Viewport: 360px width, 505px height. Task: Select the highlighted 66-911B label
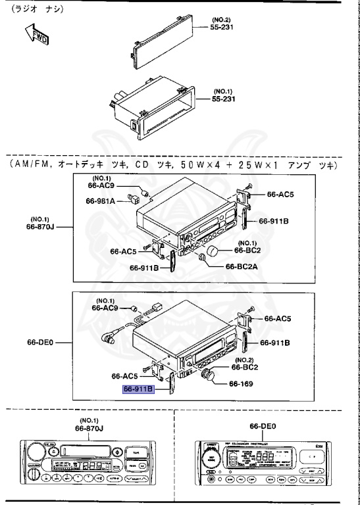(x=138, y=389)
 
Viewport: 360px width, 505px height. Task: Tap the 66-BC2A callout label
(x=243, y=266)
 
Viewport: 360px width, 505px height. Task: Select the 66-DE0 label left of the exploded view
(x=41, y=342)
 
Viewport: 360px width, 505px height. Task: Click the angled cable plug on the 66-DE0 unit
(x=107, y=339)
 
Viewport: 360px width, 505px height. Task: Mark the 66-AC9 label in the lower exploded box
(x=105, y=307)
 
